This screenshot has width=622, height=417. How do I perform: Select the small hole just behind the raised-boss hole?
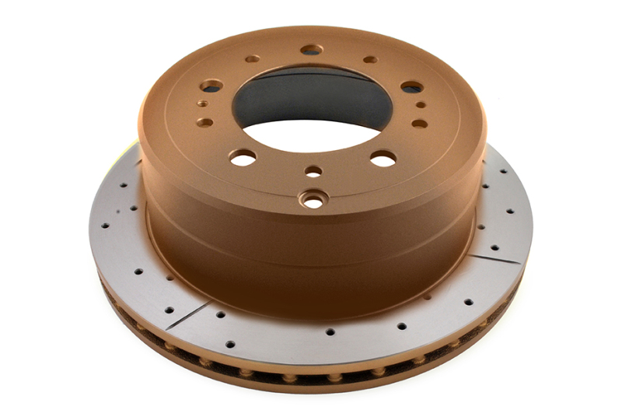tap(313, 171)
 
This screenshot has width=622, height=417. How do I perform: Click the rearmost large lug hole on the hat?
tap(311, 50)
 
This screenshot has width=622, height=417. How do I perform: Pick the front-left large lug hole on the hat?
tap(243, 157)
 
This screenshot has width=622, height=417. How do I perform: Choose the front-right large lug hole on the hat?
tap(383, 158)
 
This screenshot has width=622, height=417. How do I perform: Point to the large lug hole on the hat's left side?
tap(211, 86)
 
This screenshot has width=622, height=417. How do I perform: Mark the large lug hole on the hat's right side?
tap(413, 87)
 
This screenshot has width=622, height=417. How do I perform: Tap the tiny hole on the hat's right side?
tap(421, 104)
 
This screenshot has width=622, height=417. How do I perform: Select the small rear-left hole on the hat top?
tap(251, 58)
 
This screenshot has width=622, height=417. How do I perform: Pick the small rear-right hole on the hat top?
tap(371, 59)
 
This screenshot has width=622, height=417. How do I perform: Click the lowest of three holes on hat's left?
tap(204, 122)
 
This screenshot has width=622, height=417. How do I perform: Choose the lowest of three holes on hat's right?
tap(419, 123)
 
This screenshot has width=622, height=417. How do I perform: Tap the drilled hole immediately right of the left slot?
tap(220, 315)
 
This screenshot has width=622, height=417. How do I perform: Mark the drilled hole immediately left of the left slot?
tap(166, 308)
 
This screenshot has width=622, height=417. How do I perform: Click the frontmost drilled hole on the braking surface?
tap(330, 331)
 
